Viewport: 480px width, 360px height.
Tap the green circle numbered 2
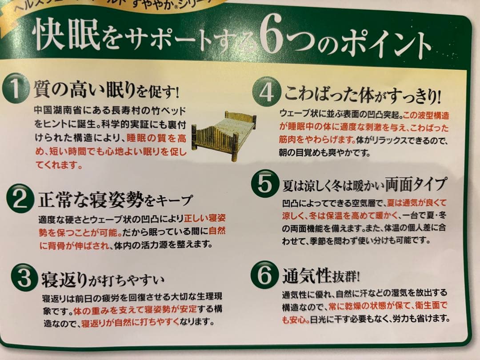point(20,200)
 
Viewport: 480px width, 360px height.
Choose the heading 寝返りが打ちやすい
point(103,280)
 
